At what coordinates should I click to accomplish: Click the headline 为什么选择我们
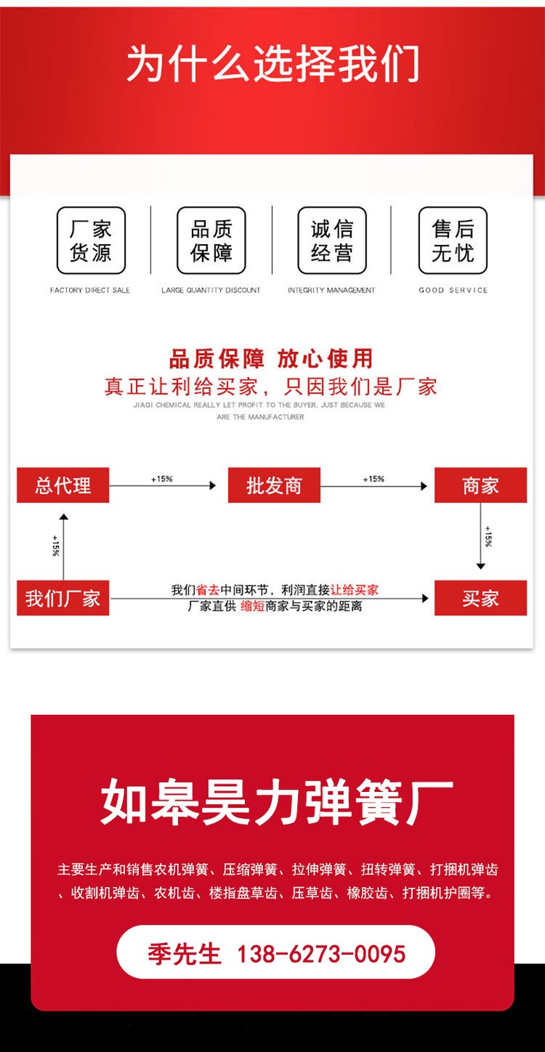coord(272,63)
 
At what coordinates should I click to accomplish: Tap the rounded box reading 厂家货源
coord(91,240)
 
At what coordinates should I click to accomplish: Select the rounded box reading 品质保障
coord(211,240)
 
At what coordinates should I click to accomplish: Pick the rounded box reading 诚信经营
coord(332,240)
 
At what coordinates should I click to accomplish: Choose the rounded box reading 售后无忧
coord(453,240)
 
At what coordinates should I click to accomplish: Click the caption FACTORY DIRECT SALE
coord(90,290)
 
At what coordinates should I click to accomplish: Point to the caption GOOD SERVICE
coord(453,290)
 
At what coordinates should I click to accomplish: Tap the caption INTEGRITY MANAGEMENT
coord(331,290)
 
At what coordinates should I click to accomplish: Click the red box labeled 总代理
coord(63,485)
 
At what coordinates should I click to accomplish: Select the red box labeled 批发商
coord(275,485)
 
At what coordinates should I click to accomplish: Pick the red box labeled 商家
coord(480,485)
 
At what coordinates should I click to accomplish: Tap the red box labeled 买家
coord(480,598)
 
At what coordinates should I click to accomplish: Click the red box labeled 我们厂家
coord(63,598)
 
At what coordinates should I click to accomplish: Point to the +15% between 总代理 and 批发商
coord(161,479)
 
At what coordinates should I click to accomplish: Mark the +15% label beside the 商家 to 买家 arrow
coord(488,536)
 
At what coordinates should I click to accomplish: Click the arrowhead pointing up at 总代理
coord(63,517)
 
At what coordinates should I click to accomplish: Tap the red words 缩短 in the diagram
coord(253,607)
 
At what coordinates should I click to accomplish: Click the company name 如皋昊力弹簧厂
coord(277,802)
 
